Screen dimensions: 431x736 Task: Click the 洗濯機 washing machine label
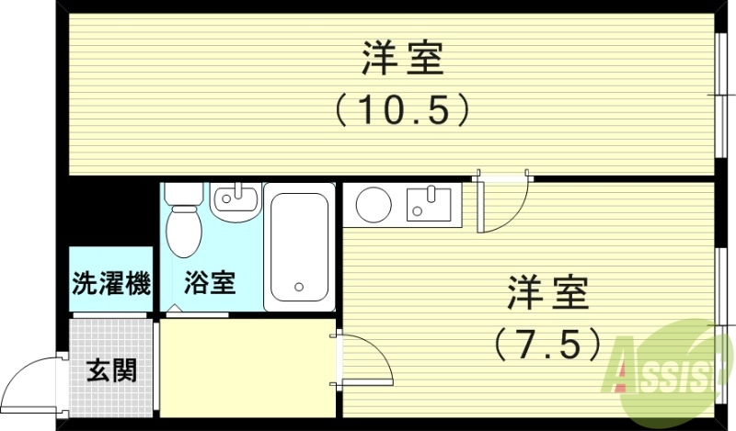pyautogui.click(x=111, y=284)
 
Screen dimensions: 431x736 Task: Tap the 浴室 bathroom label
pyautogui.click(x=211, y=283)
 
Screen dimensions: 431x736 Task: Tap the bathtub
pyautogui.click(x=299, y=246)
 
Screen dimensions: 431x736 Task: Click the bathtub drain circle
pyautogui.click(x=298, y=288)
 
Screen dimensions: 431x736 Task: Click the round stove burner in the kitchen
pyautogui.click(x=374, y=204)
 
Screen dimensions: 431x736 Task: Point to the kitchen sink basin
pyautogui.click(x=428, y=203)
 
